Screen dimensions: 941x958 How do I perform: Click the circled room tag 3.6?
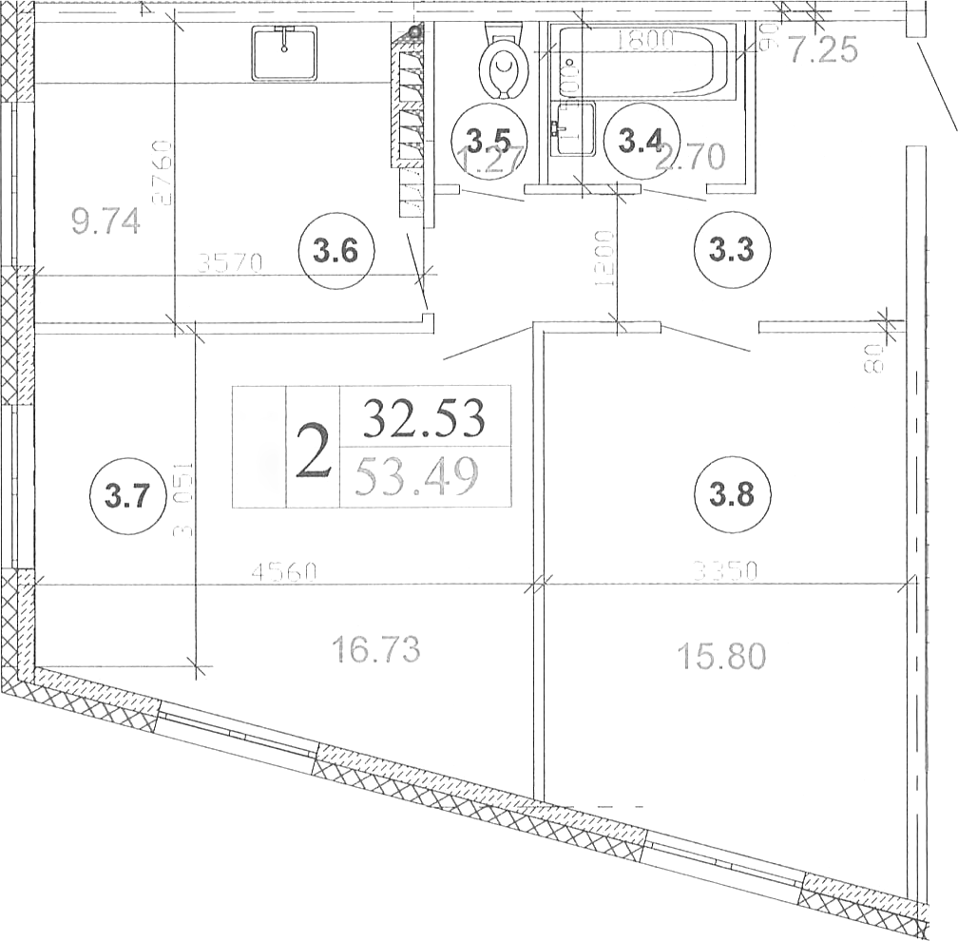pos(336,253)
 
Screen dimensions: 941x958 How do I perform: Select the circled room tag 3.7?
pos(126,496)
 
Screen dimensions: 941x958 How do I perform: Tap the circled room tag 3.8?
pos(733,495)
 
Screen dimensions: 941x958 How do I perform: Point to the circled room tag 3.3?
pos(733,252)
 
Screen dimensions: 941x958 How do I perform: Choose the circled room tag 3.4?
pos(641,143)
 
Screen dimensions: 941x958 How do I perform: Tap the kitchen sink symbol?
pos(284,53)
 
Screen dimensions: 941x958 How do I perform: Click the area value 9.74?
pos(106,221)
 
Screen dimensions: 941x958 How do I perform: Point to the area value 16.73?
pos(375,651)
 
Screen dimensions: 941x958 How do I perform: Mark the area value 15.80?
pos(720,656)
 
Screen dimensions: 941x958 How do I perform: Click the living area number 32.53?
pos(424,418)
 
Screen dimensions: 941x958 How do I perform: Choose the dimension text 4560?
pos(284,572)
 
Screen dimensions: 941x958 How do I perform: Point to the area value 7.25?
pos(824,49)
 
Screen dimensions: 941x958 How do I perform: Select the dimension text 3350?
pos(725,570)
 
